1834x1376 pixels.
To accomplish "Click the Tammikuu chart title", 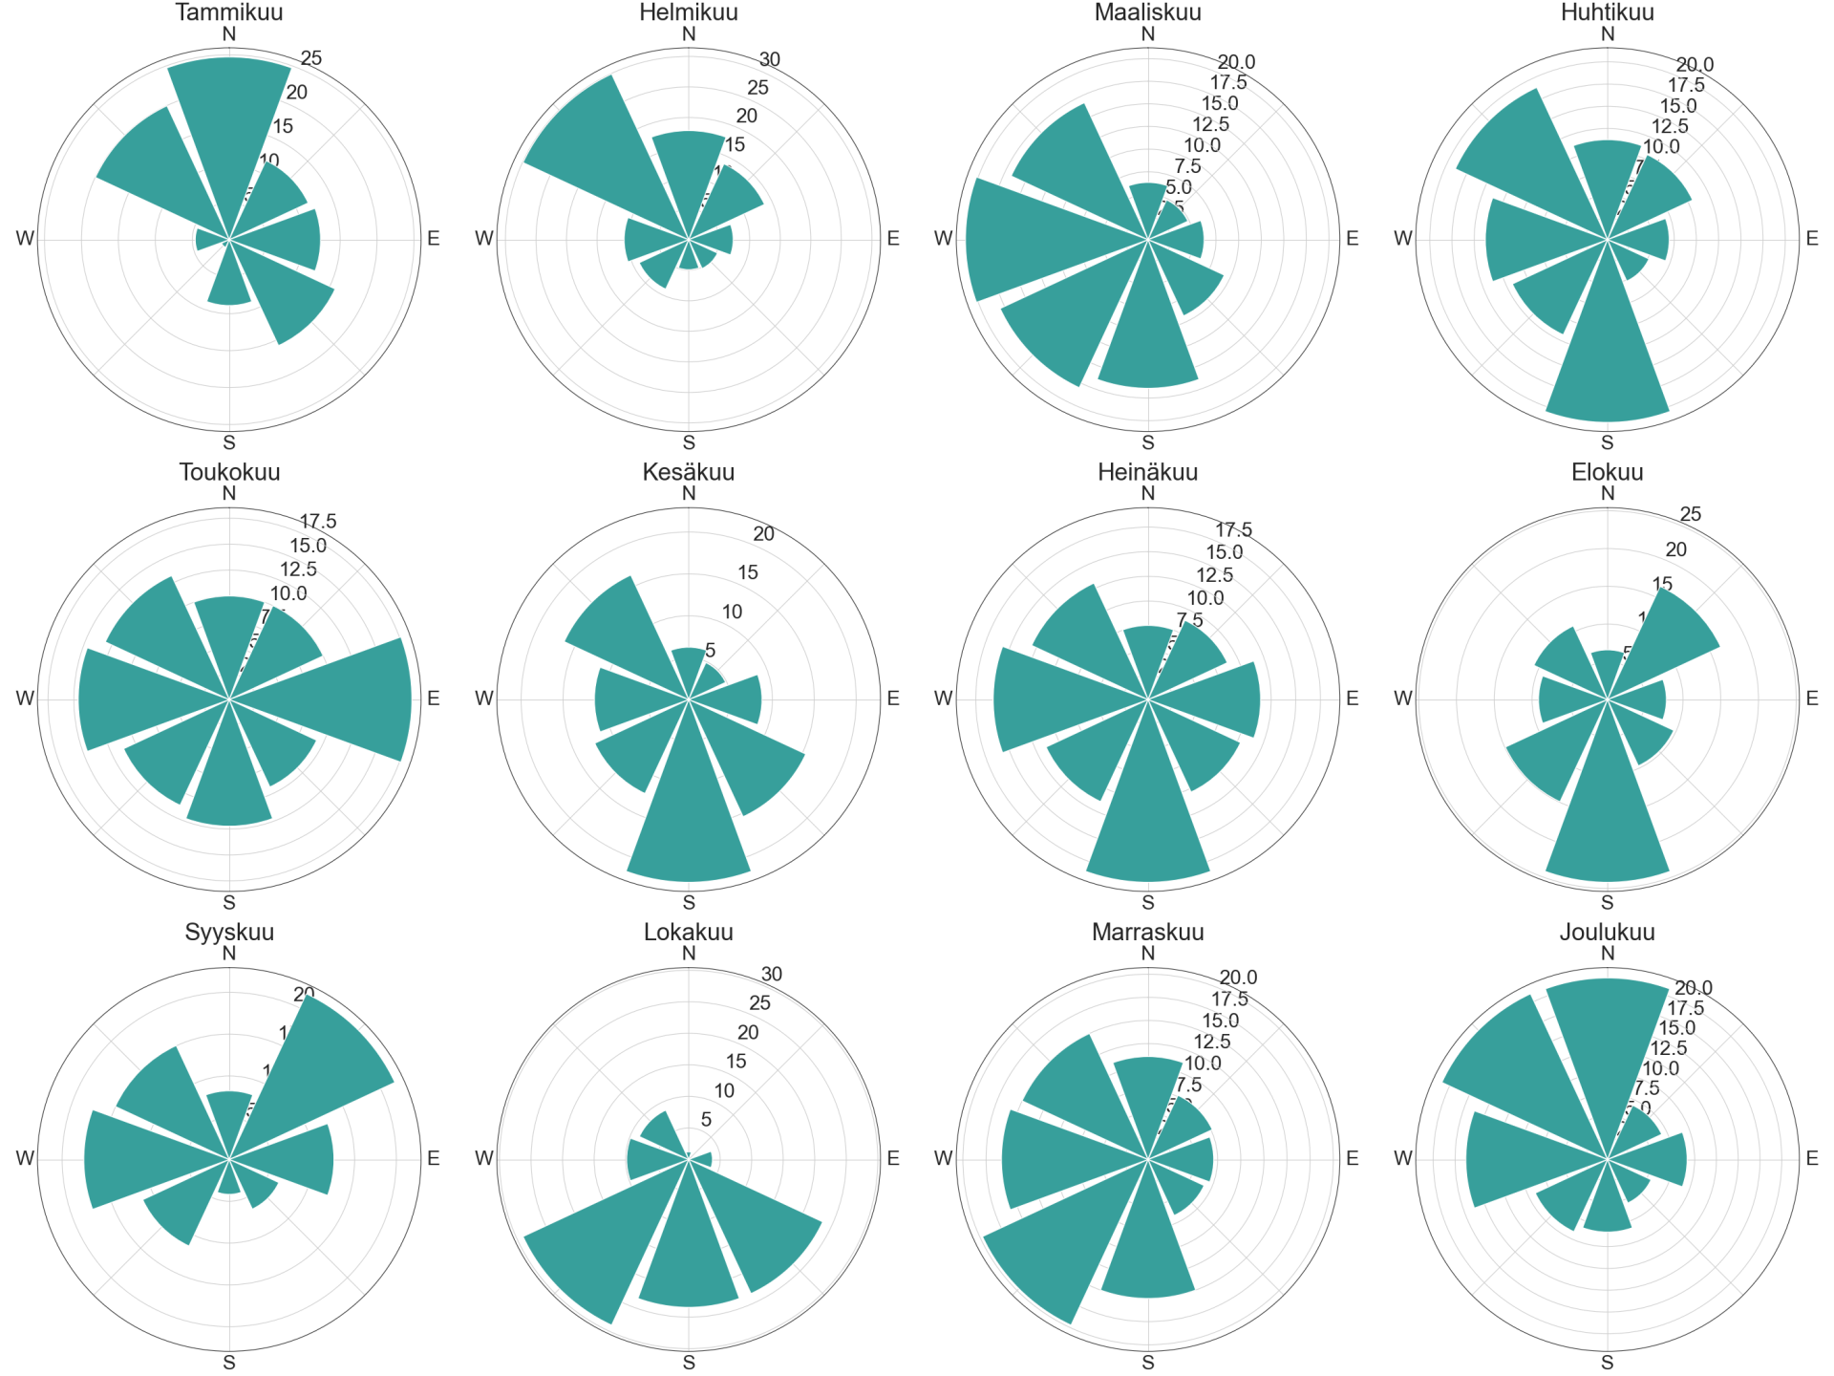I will (x=229, y=12).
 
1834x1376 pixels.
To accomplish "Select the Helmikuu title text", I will (x=689, y=12).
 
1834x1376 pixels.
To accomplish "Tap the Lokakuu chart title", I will (x=689, y=932).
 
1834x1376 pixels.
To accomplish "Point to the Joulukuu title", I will (x=1608, y=932).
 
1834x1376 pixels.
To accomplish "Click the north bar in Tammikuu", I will (x=229, y=124).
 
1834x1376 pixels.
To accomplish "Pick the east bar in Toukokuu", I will (x=344, y=699).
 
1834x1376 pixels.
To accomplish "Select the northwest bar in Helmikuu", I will (x=602, y=153).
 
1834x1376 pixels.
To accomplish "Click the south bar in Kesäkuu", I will (x=689, y=812).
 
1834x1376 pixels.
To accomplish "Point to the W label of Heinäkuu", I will (x=944, y=699).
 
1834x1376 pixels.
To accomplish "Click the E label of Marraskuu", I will (x=1353, y=1158).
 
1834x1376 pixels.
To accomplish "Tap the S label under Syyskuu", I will (x=229, y=1363).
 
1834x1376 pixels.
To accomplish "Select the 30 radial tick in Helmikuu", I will (x=770, y=59).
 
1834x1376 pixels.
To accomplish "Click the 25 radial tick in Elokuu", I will (x=1691, y=514).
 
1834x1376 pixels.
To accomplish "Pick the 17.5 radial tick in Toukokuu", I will (x=318, y=522).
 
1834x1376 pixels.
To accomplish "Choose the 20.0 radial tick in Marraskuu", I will (x=1238, y=978).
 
